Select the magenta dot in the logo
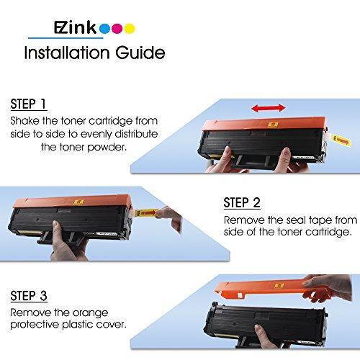[117, 30]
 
